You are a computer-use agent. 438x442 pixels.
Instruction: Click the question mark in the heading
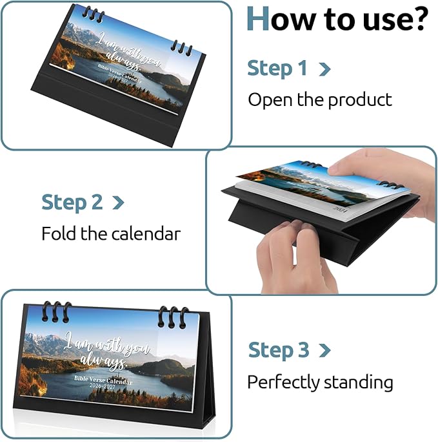pos(418,19)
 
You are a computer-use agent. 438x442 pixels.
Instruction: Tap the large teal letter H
pos(257,19)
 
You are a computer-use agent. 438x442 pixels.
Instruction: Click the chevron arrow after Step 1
pos(324,69)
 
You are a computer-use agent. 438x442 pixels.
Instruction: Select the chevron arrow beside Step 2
pos(118,203)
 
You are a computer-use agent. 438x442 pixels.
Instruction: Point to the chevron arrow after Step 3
pos(324,350)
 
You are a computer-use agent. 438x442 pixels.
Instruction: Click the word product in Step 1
pos(360,100)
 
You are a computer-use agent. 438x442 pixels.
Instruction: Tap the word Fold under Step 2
pos(59,233)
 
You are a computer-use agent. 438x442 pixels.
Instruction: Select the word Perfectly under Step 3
pos(284,383)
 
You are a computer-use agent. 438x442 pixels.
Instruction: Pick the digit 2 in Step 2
pos(97,202)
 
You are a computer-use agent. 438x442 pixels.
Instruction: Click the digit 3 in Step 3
pos(304,350)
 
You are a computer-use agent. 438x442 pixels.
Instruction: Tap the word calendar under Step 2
pos(146,234)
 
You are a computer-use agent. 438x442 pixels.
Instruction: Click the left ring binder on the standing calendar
pos(56,311)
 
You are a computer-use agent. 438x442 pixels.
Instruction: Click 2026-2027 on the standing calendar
pos(103,386)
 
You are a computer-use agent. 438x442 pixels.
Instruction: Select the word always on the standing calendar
pos(104,362)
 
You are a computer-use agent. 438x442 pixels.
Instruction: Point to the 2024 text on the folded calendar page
pos(341,209)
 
